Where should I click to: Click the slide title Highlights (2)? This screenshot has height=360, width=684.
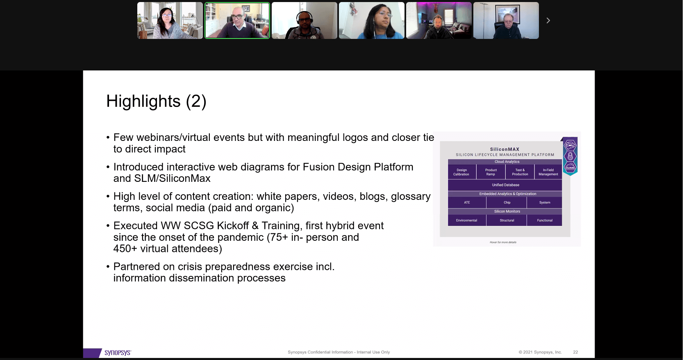tap(156, 101)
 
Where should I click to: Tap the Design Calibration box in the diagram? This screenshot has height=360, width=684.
tap(461, 172)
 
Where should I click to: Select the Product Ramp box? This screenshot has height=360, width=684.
tap(491, 172)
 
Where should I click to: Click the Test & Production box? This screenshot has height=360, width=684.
tap(520, 172)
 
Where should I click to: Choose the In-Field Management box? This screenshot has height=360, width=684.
tap(548, 172)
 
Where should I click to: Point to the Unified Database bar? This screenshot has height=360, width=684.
tap(505, 185)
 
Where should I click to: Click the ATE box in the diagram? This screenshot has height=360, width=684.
tap(467, 202)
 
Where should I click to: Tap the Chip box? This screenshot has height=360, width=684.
tap(507, 202)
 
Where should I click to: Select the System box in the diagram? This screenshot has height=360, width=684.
tap(545, 202)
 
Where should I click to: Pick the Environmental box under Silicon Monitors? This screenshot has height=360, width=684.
tap(466, 220)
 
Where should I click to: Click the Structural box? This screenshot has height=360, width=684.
tap(507, 220)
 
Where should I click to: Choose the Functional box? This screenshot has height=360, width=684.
tap(545, 220)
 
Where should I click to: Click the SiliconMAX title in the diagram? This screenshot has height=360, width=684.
tap(504, 149)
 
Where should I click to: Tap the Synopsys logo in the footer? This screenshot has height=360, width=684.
tap(117, 353)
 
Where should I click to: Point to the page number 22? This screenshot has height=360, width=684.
tap(575, 352)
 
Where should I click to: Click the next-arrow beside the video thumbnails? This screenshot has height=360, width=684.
tap(548, 20)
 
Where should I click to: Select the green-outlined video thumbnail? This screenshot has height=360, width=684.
tap(237, 20)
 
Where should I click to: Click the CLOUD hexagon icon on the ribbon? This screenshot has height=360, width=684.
tap(570, 167)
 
